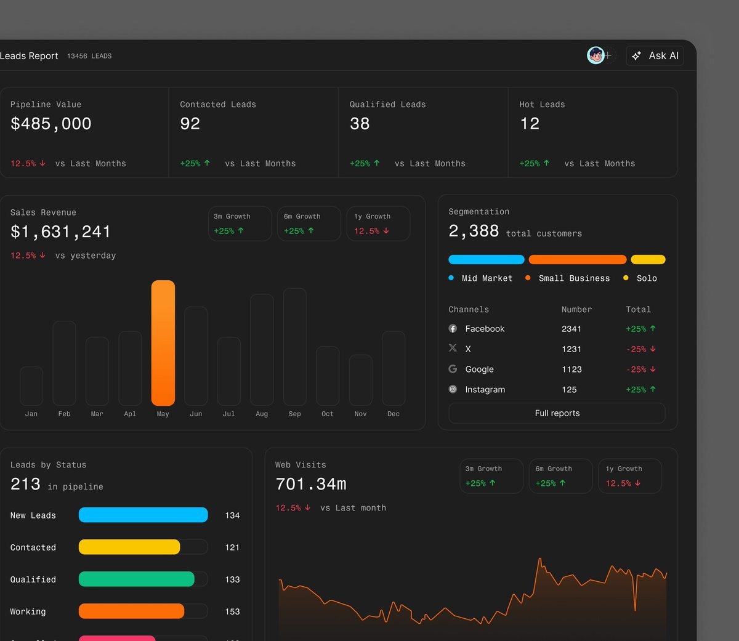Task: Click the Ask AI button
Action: [655, 56]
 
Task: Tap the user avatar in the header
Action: [596, 56]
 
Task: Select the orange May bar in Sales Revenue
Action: [163, 342]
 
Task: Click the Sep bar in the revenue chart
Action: [294, 346]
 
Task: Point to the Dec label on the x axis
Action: [394, 414]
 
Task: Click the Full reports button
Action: [557, 413]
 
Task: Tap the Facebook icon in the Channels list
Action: [453, 329]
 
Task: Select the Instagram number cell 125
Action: [569, 390]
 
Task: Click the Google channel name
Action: [479, 369]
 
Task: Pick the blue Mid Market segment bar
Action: [487, 260]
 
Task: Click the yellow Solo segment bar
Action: [648, 260]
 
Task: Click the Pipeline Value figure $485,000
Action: [51, 124]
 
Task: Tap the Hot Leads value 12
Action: [530, 124]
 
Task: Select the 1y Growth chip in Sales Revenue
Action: [378, 224]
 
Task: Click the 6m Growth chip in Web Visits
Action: [560, 476]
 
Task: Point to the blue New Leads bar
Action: [143, 515]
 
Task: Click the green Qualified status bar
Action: [136, 579]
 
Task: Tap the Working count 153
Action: [232, 611]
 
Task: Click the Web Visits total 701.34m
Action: [311, 485]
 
